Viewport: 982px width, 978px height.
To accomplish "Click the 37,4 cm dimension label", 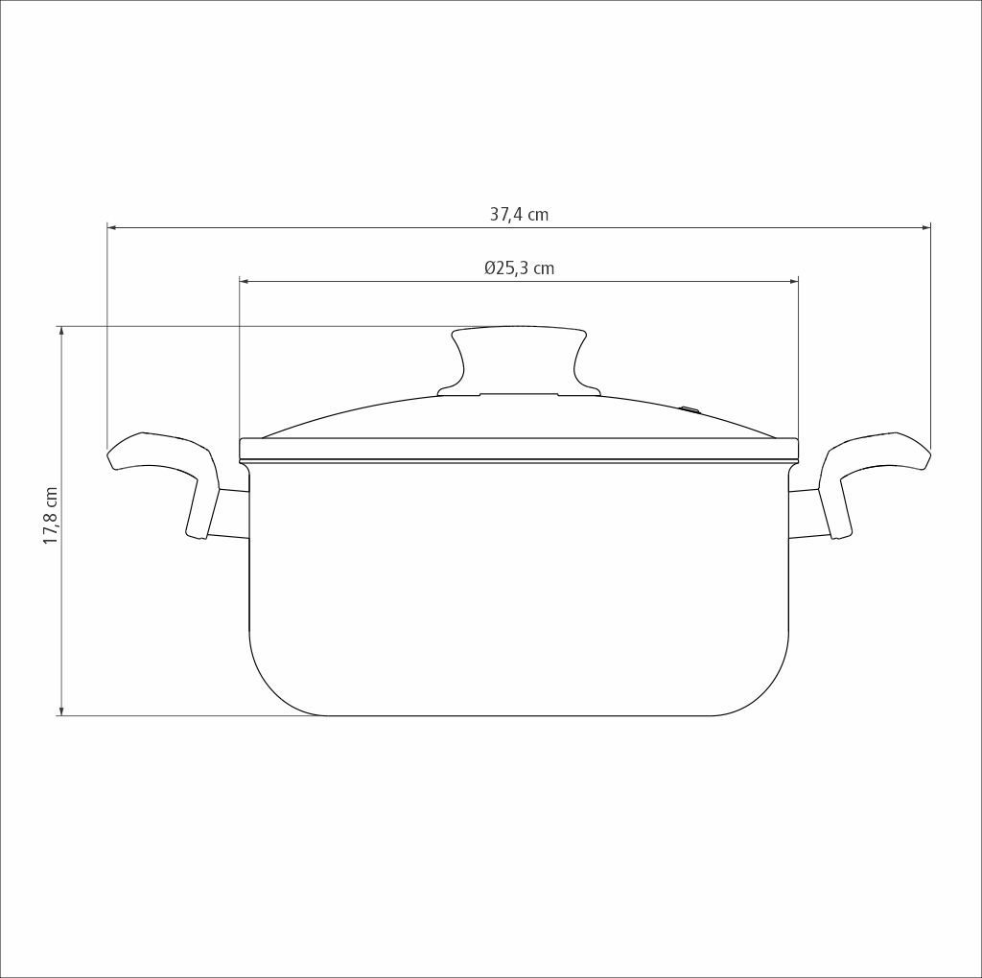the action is [x=519, y=215].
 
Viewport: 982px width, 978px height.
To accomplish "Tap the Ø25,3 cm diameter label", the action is [x=519, y=268].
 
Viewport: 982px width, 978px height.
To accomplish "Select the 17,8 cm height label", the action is [x=50, y=515].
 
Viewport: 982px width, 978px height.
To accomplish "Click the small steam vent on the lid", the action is [x=690, y=409].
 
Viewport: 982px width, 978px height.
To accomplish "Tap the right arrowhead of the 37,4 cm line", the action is [x=925, y=228].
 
